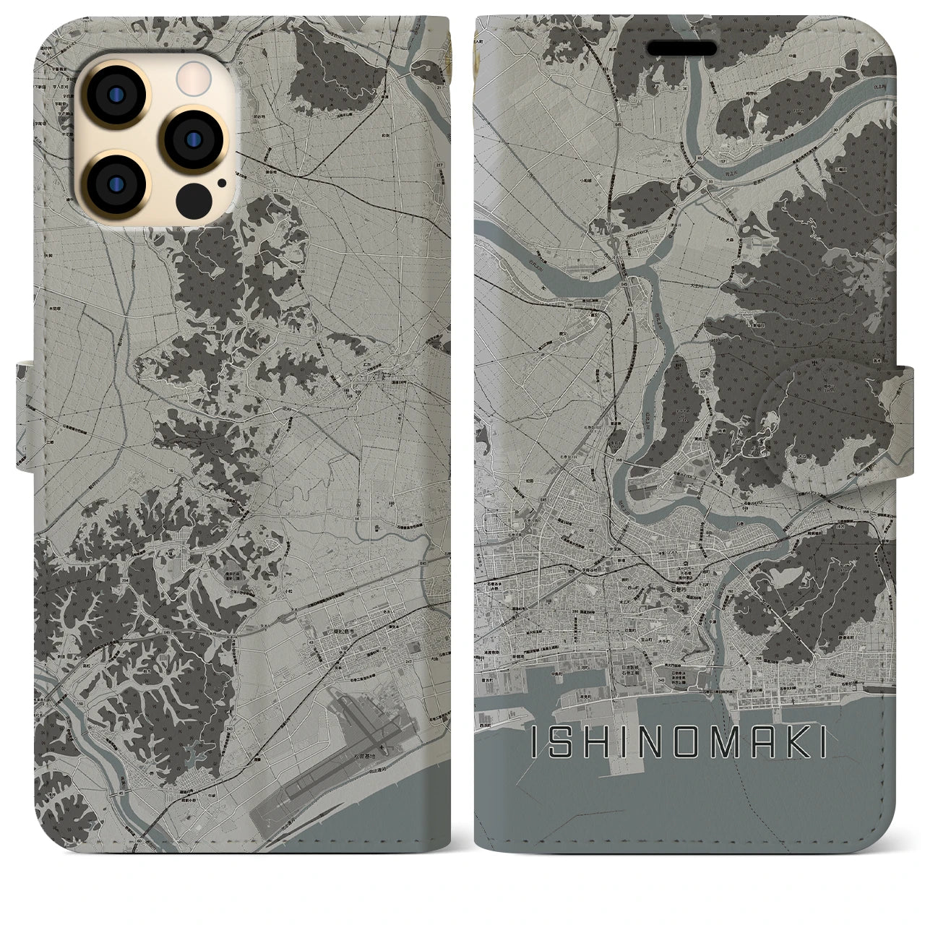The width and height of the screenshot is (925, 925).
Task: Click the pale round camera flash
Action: pyautogui.click(x=192, y=74)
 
